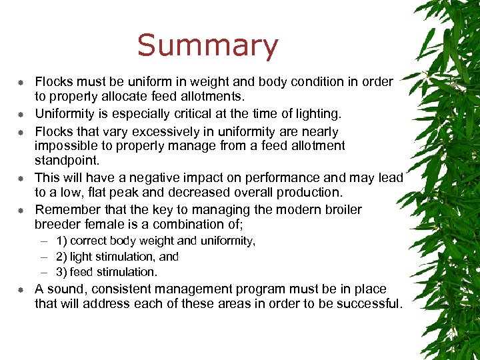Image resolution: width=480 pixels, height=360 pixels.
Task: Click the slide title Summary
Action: pyautogui.click(x=207, y=46)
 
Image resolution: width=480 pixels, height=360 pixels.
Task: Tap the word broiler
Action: pyautogui.click(x=339, y=210)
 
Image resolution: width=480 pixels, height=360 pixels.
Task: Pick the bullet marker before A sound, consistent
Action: pyautogui.click(x=21, y=290)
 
